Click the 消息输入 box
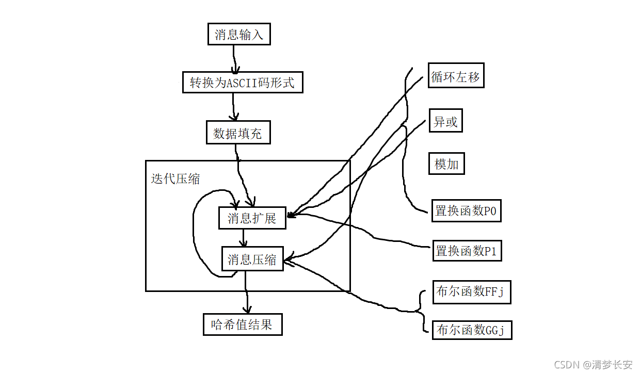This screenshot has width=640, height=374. [x=238, y=35]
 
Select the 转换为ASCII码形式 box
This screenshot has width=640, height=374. [x=242, y=83]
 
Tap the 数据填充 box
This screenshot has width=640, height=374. [x=237, y=133]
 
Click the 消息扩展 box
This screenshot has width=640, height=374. [x=252, y=218]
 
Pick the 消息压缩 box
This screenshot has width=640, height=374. [x=252, y=259]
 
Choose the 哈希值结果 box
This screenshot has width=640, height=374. [x=243, y=325]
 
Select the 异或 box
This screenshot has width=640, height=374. [x=446, y=122]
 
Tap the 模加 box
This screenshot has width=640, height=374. [x=446, y=164]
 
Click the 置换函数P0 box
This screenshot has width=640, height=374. [x=466, y=210]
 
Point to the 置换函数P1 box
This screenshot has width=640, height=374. [x=466, y=251]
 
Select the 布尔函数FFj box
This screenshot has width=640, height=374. [x=471, y=292]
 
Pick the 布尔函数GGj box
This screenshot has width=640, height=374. [x=472, y=329]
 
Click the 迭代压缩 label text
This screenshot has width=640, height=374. [x=175, y=179]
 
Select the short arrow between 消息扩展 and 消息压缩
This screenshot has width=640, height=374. [x=244, y=238]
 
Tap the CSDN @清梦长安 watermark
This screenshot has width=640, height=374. [x=593, y=365]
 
